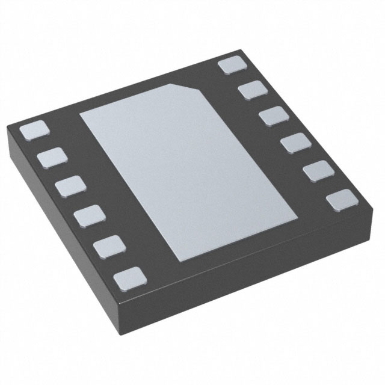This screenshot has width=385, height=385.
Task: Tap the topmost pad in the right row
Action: click(x=232, y=65)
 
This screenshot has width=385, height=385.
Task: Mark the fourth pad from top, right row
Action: click(x=295, y=144)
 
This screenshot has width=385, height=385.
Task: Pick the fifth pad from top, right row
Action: click(x=318, y=171)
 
